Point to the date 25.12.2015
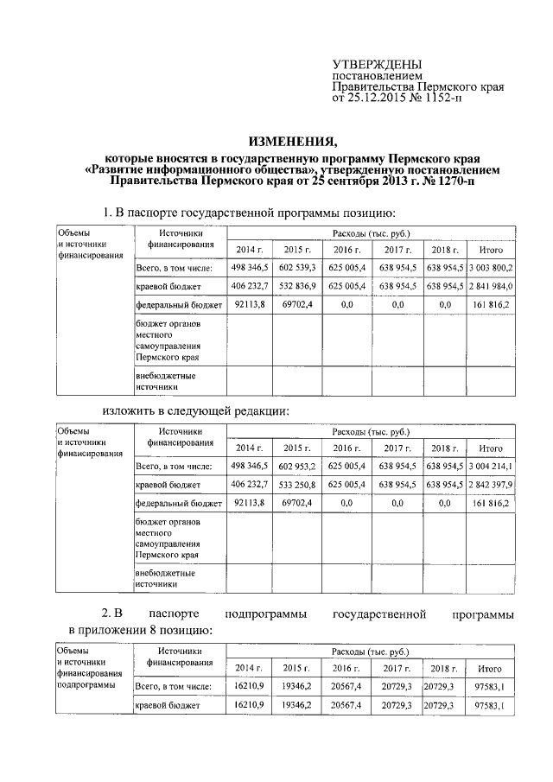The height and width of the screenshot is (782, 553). (x=375, y=98)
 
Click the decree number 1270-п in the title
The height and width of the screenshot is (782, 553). (x=450, y=182)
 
